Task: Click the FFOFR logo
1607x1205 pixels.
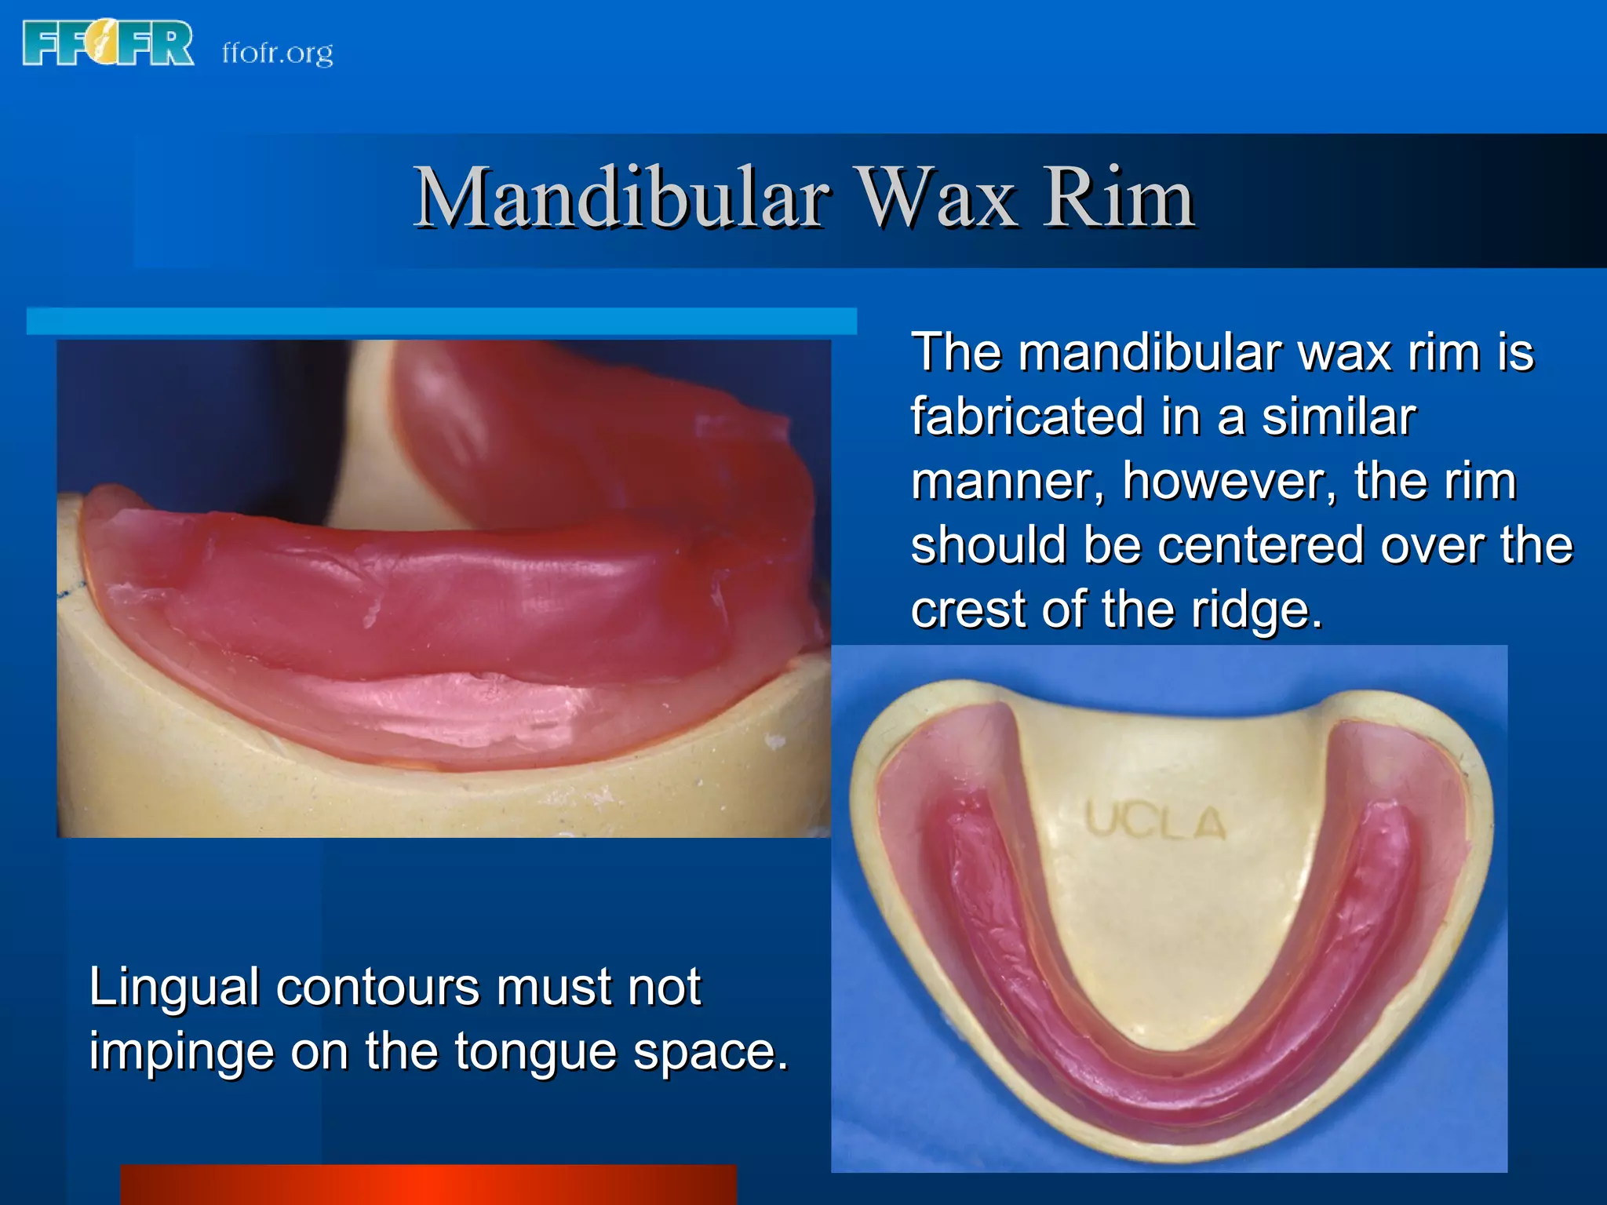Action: [108, 44]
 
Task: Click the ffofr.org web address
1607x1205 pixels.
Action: [277, 53]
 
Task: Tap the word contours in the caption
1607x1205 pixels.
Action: [377, 987]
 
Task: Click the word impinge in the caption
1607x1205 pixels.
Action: [181, 1053]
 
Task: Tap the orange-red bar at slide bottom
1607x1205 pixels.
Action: [428, 1185]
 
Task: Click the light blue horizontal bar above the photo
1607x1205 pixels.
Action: [441, 322]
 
